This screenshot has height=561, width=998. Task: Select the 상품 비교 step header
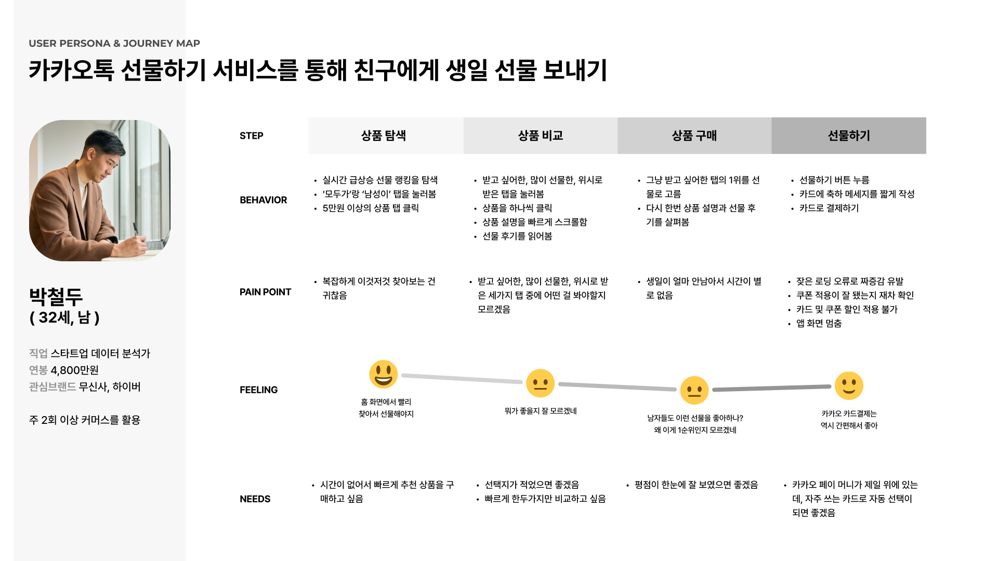[x=540, y=136]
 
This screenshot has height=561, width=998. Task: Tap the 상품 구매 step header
[x=694, y=136]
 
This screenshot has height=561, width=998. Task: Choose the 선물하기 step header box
[x=849, y=136]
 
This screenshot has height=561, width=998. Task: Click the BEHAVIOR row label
[x=263, y=200]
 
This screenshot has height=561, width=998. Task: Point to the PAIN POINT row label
[x=265, y=292]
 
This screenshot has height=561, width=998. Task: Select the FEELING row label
[x=258, y=390]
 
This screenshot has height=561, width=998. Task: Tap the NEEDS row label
[x=255, y=499]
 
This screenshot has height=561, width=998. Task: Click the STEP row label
[x=251, y=136]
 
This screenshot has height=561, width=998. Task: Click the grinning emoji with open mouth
[x=383, y=374]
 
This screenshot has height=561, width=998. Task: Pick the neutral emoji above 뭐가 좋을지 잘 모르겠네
[x=540, y=383]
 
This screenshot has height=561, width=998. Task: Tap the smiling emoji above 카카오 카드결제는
[x=848, y=385]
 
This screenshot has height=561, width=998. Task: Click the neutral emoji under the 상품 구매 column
[x=694, y=390]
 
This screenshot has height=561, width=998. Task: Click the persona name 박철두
[x=56, y=297]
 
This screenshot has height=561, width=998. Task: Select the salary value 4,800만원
[x=74, y=370]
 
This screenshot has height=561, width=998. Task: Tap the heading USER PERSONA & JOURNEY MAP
[x=114, y=43]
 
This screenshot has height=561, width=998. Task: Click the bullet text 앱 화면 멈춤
[x=819, y=323]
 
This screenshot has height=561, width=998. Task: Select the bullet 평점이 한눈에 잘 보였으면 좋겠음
[x=696, y=485]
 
